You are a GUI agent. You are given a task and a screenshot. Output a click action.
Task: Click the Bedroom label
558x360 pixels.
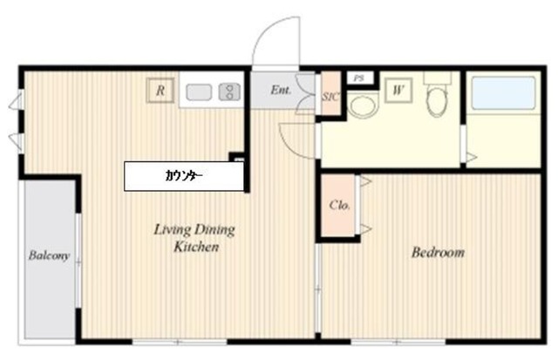pyautogui.click(x=438, y=252)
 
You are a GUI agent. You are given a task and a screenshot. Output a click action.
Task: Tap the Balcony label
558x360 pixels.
pyautogui.click(x=49, y=255)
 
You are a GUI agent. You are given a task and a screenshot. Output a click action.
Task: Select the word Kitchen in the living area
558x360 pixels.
pyautogui.click(x=196, y=247)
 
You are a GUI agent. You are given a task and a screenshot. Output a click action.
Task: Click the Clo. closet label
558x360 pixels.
pyautogui.click(x=339, y=205)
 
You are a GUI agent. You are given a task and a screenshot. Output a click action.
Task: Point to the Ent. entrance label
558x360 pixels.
pyautogui.click(x=281, y=90)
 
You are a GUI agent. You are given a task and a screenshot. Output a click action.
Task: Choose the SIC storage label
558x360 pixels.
pyautogui.click(x=330, y=97)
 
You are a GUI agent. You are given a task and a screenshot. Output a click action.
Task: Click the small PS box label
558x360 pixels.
pyautogui.click(x=359, y=78)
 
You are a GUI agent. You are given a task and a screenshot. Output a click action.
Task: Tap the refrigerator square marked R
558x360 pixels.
pyautogui.click(x=160, y=91)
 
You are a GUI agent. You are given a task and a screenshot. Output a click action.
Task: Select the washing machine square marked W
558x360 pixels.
pyautogui.click(x=398, y=91)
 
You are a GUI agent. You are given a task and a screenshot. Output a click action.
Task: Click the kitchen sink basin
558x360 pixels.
pyautogui.click(x=199, y=92)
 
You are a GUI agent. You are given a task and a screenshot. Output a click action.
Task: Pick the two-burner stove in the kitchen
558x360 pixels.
pyautogui.click(x=229, y=92)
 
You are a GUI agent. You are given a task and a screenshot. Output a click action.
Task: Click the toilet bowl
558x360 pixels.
pyautogui.click(x=438, y=101)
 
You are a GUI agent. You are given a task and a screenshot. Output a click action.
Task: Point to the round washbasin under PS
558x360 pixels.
pyautogui.click(x=363, y=105)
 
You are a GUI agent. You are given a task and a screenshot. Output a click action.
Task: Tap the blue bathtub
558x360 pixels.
pyautogui.click(x=503, y=93)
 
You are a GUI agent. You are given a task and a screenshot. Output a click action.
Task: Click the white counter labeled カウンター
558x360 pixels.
pyautogui.click(x=184, y=176)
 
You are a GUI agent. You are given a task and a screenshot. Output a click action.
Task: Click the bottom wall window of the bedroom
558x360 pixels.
pyautogui.click(x=398, y=343)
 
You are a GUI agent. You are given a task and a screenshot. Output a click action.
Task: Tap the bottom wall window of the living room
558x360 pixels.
pyautogui.click(x=180, y=343)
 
